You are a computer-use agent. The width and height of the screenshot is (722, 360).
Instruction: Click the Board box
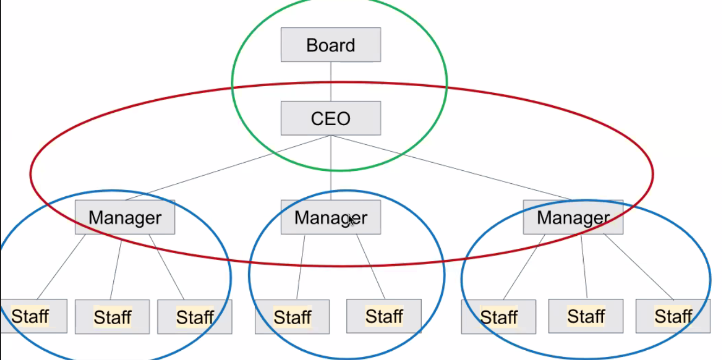click(331, 45)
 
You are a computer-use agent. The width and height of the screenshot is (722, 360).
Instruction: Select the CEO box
click(331, 118)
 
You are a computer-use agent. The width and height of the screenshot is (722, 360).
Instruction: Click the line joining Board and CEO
click(331, 81)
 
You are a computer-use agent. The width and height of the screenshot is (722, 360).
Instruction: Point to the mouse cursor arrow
click(351, 221)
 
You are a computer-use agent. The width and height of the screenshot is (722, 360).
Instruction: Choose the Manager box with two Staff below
click(331, 217)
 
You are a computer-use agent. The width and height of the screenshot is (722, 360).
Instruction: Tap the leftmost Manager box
click(125, 217)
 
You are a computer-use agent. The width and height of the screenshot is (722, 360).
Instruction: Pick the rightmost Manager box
click(573, 217)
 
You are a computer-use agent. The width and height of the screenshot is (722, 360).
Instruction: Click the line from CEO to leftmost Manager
click(228, 168)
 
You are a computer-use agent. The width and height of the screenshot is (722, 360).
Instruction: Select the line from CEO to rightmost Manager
click(452, 168)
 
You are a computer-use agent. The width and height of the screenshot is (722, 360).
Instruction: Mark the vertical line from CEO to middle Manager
click(331, 168)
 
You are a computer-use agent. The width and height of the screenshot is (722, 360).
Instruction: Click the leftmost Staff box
click(34, 316)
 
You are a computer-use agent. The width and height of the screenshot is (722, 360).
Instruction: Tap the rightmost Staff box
click(673, 316)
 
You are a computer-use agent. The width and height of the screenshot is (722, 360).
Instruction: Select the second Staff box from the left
click(112, 317)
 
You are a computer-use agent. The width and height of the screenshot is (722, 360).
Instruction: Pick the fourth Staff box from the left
click(292, 317)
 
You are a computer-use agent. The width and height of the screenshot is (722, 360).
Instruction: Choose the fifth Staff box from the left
click(384, 316)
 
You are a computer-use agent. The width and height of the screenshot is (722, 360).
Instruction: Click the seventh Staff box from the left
click(585, 316)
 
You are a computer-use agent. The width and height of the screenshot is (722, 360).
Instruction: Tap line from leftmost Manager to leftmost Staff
click(61, 267)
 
